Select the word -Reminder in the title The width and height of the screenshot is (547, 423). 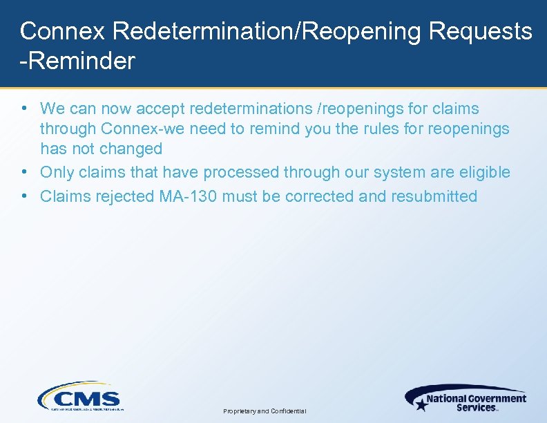point(77,62)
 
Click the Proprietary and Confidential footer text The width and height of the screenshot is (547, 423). point(265,411)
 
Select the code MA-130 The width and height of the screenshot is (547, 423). point(186,196)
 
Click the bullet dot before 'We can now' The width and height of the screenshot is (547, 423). point(24,109)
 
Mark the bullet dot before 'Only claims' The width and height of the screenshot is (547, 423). point(24,172)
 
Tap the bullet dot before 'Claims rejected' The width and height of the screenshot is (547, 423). point(24,196)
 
